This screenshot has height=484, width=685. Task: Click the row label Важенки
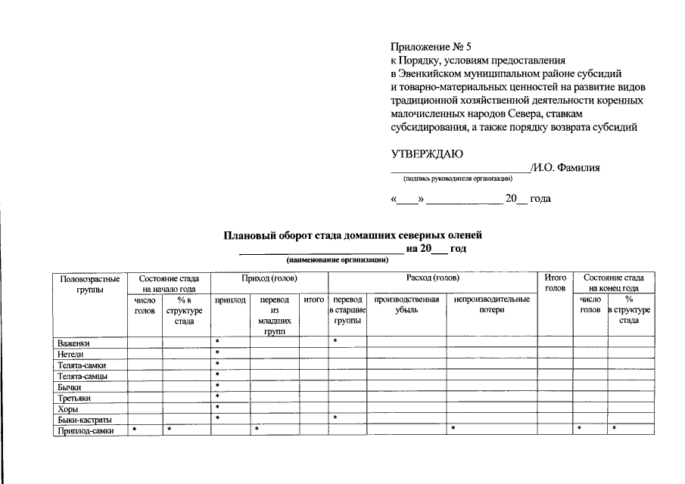coord(73,343)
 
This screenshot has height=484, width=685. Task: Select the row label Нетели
coord(70,354)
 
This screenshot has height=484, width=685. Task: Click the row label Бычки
coord(69,387)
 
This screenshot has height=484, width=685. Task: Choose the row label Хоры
coord(67,409)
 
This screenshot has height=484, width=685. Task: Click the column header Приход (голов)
coord(269,278)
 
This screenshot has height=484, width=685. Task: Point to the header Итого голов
coord(555,284)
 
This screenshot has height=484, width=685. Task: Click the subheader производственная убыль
coord(406,305)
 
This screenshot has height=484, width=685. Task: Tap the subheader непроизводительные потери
coord(491,305)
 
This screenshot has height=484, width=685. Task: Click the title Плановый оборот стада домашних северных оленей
coord(352,236)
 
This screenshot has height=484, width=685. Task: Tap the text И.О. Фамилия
coord(565,168)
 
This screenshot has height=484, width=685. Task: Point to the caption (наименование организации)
coord(337,259)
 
